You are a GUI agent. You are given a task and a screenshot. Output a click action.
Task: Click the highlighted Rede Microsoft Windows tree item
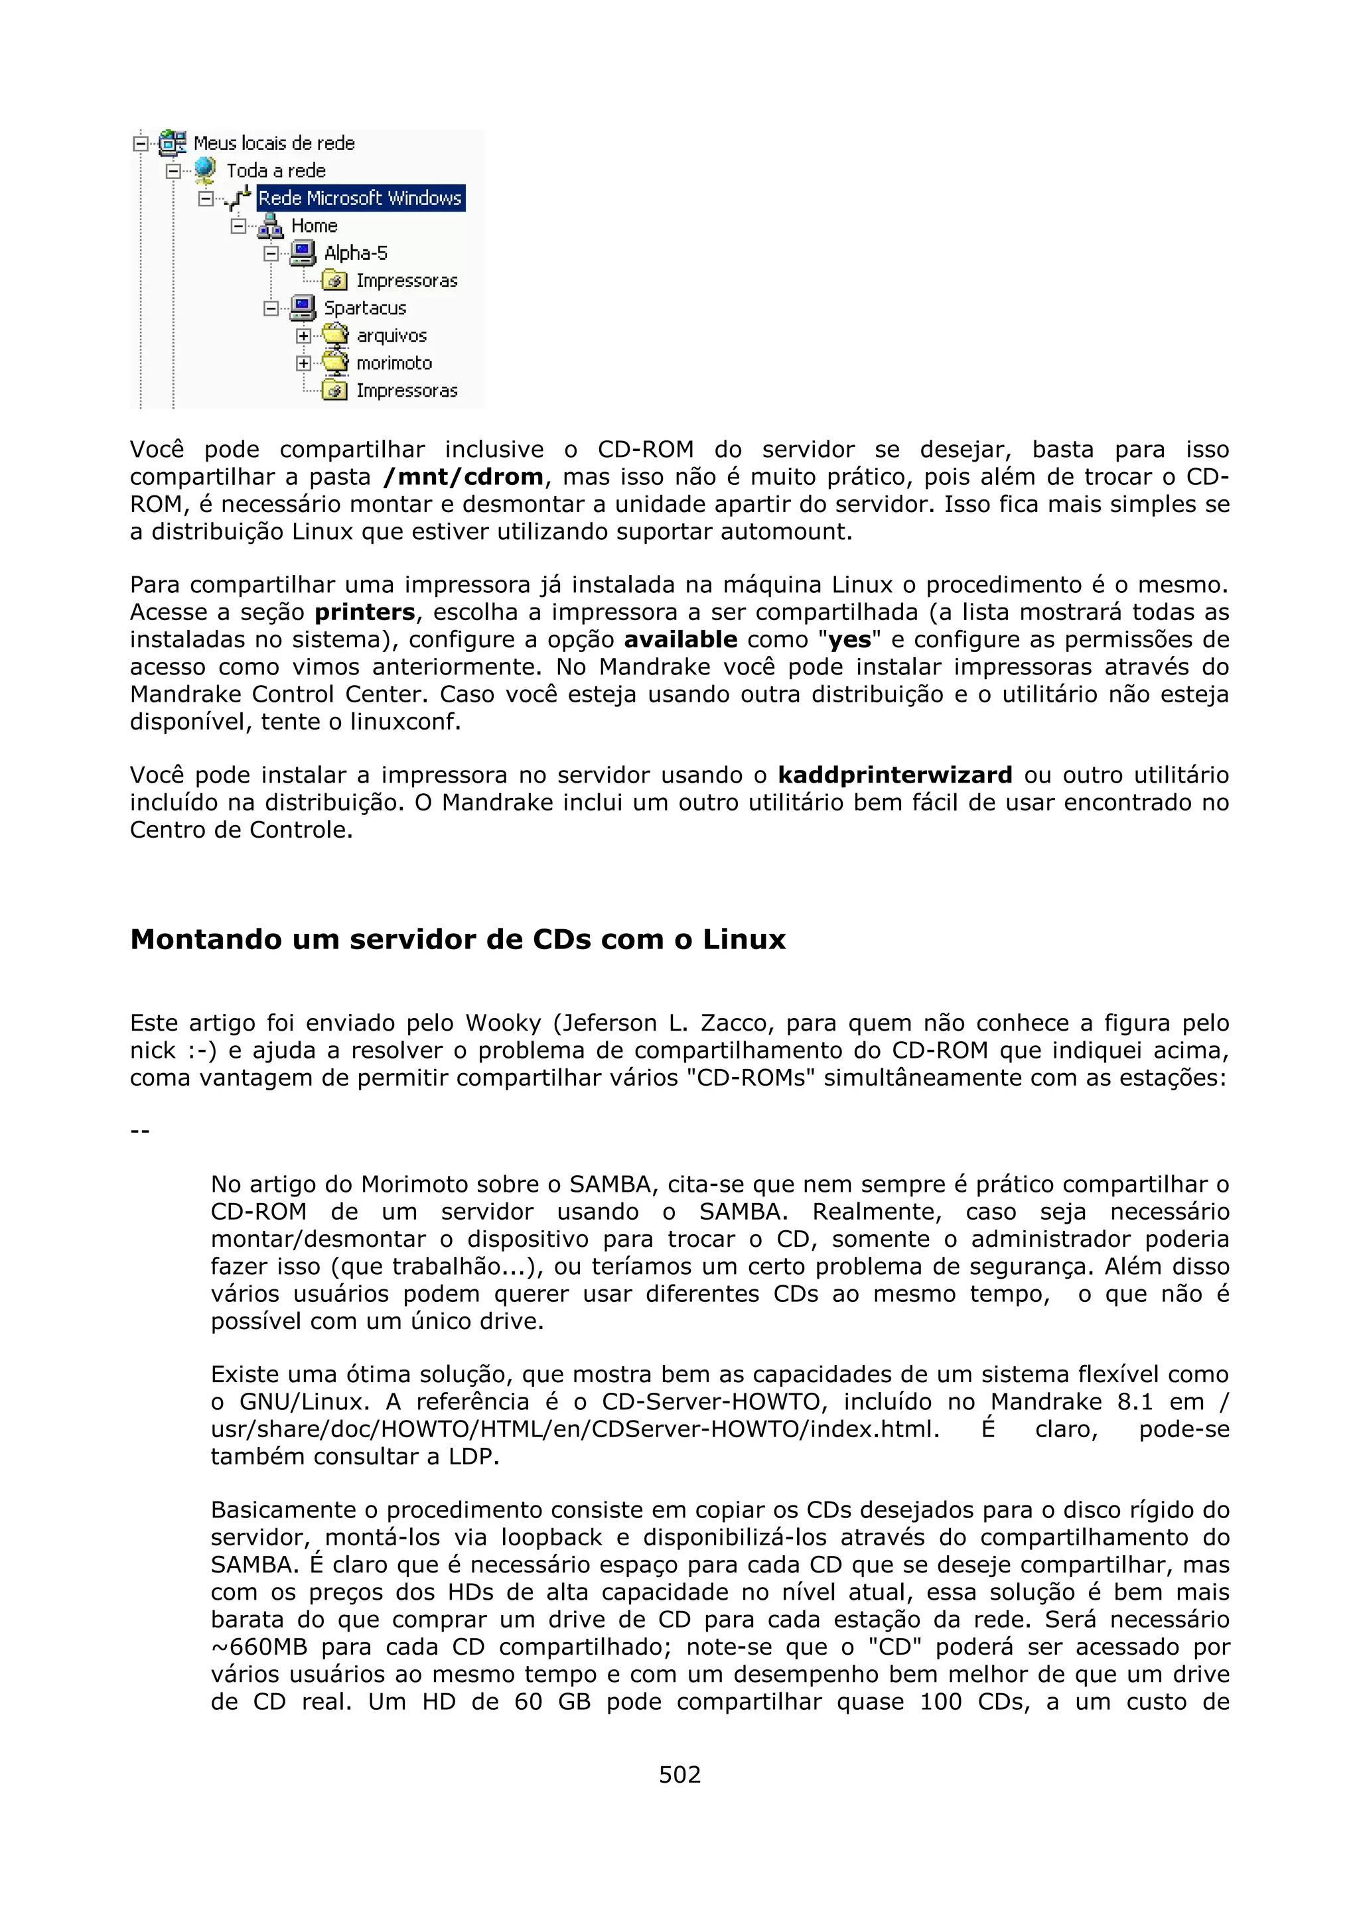coord(360,198)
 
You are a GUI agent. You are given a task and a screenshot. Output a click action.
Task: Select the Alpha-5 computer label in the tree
coord(355,253)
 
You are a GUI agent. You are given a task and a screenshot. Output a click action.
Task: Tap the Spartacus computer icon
coord(303,308)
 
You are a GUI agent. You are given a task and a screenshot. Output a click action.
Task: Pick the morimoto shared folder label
coord(393,363)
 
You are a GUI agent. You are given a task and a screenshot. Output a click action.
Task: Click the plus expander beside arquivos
coord(303,336)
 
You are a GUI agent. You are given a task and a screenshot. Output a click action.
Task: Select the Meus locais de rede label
coord(274,143)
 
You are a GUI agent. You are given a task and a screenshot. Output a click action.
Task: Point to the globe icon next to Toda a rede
coord(204,170)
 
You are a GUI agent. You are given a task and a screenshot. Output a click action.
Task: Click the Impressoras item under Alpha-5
coord(406,281)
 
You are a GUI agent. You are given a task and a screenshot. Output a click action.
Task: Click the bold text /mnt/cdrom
coord(463,477)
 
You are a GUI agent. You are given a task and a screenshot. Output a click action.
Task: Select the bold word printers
coord(364,613)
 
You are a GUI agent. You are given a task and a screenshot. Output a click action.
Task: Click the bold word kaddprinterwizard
coord(894,775)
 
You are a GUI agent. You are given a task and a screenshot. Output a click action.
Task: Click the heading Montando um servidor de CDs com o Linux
coord(458,939)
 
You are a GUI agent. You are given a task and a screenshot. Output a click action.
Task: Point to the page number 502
coord(679,1775)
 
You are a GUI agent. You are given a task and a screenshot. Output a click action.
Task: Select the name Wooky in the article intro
coord(503,1023)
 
